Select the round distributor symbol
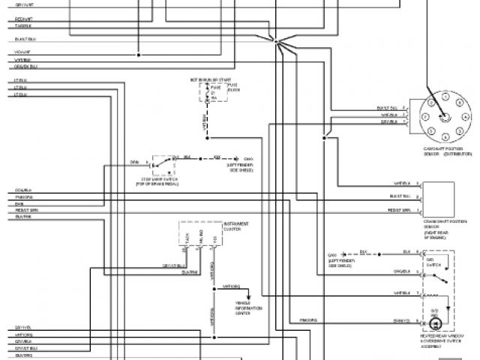coord(443,118)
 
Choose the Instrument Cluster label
coord(236,226)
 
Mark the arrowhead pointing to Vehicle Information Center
coord(260,295)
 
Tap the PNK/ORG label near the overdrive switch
coord(308,319)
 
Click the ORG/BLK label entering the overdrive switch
coord(401,271)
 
